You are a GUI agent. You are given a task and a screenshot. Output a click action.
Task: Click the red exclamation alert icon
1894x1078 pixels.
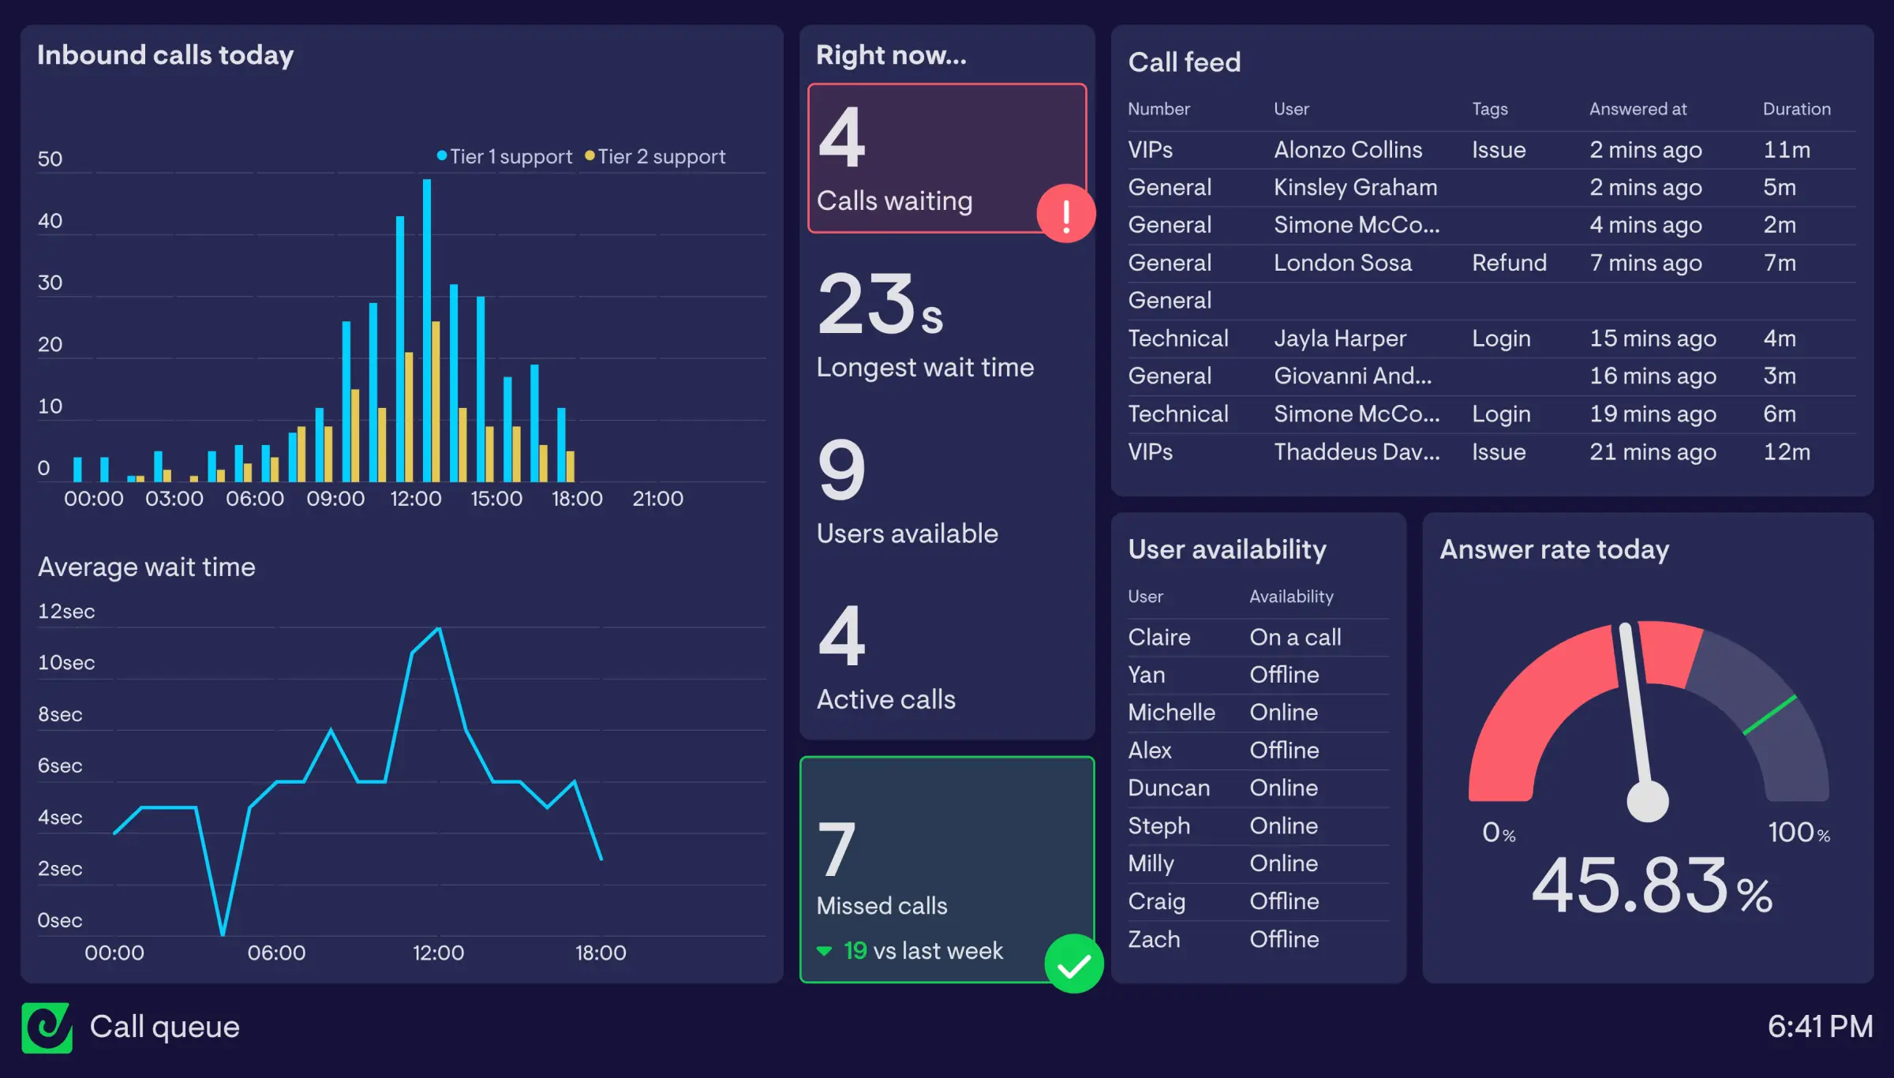(1065, 214)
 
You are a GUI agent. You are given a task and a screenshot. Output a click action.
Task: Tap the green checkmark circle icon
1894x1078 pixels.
(1073, 964)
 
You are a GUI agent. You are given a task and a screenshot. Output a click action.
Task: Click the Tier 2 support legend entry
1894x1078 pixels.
(655, 157)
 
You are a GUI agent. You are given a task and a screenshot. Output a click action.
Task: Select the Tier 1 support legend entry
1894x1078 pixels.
(505, 157)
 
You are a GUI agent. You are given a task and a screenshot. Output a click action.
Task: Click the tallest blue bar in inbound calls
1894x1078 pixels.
(427, 331)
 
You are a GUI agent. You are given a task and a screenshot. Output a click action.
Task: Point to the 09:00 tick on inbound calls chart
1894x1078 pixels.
(335, 499)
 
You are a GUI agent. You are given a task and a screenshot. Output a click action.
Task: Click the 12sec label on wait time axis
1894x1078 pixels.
(66, 612)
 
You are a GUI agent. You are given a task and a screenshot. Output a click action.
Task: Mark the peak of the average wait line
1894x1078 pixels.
(439, 629)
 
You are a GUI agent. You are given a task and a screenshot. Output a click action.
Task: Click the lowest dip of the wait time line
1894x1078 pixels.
(223, 934)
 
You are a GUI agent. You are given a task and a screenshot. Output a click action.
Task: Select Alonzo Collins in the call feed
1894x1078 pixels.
(1348, 150)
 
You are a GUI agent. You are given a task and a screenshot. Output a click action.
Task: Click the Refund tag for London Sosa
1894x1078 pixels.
(1509, 263)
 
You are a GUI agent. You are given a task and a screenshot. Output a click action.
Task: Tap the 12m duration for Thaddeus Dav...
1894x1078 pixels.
(1787, 452)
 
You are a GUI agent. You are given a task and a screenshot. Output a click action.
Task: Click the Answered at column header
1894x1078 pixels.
(1638, 109)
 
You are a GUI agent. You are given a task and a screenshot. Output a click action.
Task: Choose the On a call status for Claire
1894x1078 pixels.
(1295, 637)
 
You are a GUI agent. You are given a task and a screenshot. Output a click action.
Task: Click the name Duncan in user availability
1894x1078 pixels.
(1169, 788)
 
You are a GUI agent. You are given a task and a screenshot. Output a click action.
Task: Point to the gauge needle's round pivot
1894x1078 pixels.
(1648, 801)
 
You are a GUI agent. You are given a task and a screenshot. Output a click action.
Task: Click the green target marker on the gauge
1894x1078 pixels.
(1770, 715)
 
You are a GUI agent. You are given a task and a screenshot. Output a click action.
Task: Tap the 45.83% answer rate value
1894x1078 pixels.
(1651, 887)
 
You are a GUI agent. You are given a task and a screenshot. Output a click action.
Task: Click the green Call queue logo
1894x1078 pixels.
(47, 1027)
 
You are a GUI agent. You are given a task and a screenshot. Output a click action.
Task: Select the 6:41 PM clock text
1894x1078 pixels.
(1820, 1027)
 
